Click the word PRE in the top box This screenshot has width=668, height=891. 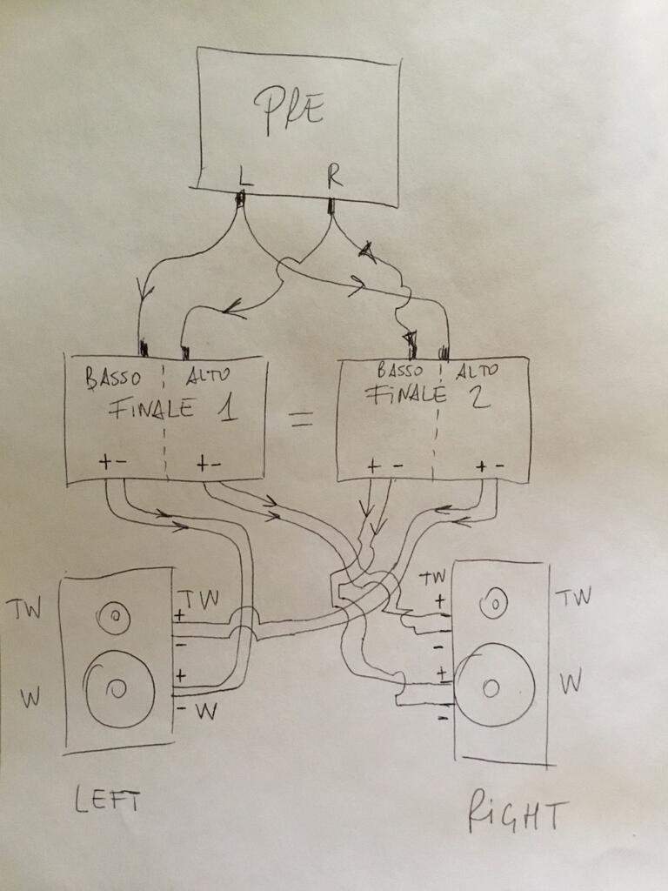(x=289, y=111)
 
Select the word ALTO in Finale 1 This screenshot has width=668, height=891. (x=208, y=374)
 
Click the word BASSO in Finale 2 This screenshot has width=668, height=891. (x=400, y=371)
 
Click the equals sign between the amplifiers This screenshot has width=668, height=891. (x=300, y=419)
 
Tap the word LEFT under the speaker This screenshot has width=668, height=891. (x=107, y=801)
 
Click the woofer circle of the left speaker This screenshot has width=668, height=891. (x=118, y=689)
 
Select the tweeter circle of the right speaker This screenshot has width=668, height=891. (x=494, y=604)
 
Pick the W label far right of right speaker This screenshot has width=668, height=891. (x=571, y=682)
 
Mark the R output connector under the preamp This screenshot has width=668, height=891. (x=331, y=205)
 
